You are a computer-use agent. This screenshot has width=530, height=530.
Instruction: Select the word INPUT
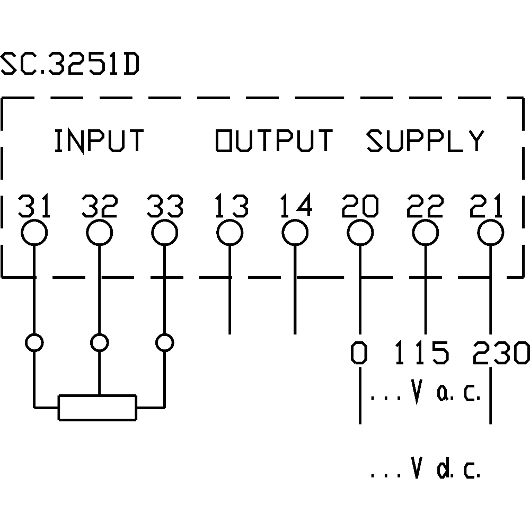99,141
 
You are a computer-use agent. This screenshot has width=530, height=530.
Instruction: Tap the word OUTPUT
273,141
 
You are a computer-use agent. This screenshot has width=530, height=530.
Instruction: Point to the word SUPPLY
425,141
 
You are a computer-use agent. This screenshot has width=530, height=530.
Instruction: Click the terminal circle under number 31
34,233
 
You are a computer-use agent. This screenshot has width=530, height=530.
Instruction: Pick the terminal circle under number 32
99,233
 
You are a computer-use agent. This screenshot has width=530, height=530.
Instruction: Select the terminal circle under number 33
164,233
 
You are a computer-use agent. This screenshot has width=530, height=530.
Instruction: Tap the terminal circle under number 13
229,233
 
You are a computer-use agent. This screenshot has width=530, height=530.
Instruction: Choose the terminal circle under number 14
295,233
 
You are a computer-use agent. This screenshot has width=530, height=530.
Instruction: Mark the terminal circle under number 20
360,233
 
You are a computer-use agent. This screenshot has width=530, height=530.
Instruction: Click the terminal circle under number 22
425,233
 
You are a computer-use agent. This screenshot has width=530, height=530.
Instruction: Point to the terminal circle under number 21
490,233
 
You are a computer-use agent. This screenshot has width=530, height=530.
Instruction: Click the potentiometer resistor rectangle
98,408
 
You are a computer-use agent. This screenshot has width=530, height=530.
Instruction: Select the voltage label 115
421,353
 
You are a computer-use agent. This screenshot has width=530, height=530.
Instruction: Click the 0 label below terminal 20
359,353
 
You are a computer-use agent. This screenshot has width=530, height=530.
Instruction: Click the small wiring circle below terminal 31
34,343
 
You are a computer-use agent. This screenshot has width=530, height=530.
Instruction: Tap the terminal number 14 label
296,207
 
